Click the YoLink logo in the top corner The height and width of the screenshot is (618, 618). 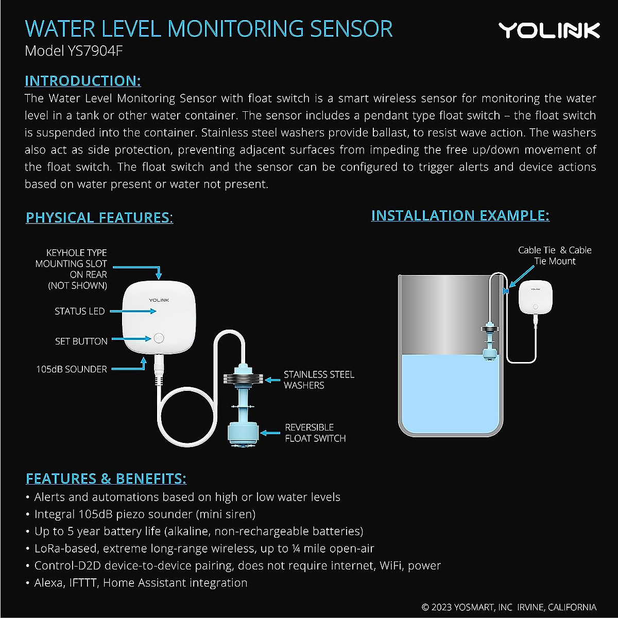click(x=549, y=30)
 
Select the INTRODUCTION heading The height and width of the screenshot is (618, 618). click(x=83, y=81)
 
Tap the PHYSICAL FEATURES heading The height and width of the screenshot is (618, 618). click(x=99, y=217)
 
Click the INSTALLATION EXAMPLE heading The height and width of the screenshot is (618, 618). click(x=460, y=215)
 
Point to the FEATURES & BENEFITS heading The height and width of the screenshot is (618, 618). click(x=106, y=478)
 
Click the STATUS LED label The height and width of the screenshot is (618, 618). click(x=80, y=311)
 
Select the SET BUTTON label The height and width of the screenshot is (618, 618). click(x=81, y=341)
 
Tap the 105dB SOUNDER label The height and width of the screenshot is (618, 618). click(x=72, y=369)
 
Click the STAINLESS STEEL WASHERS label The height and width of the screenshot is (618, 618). click(x=319, y=380)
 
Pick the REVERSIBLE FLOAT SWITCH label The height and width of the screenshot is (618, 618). click(x=315, y=433)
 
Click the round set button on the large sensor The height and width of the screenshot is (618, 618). click(x=158, y=338)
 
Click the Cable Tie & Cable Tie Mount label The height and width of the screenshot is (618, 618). click(x=555, y=255)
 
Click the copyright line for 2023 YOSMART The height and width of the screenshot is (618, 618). click(x=509, y=607)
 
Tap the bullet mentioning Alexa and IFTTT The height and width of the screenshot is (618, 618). click(x=141, y=582)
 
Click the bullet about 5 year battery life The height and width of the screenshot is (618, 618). click(x=198, y=531)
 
